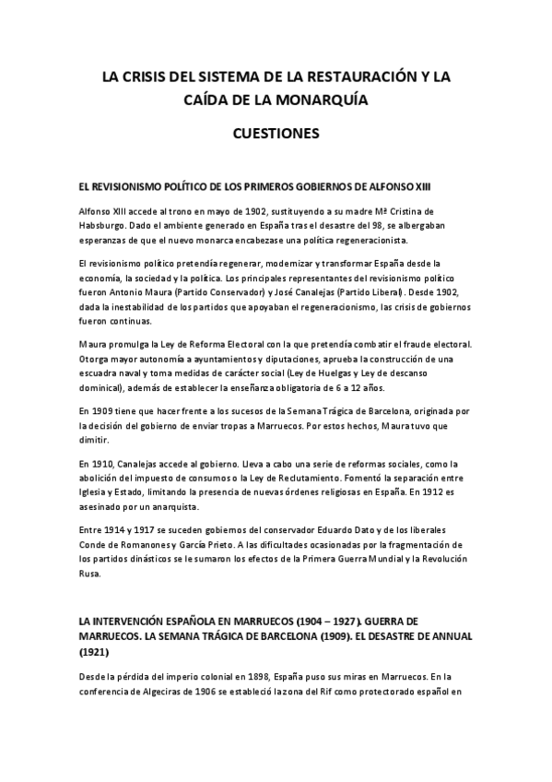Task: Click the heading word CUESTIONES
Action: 276,133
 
